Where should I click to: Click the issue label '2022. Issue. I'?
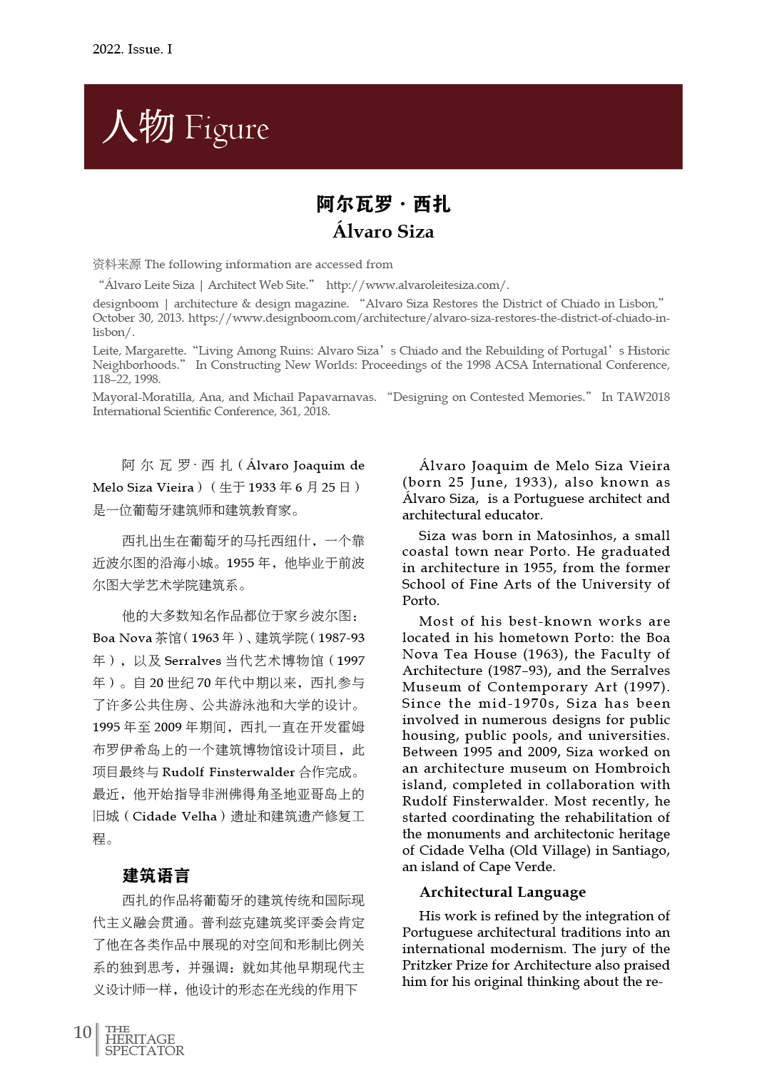pos(132,49)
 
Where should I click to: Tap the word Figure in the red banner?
pos(226,129)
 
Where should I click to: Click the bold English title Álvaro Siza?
pos(383,232)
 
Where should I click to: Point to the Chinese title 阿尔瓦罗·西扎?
pos(383,204)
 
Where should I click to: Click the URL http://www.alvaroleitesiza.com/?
pos(417,285)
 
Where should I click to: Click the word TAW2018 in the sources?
pos(644,397)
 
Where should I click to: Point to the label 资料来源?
pos(117,264)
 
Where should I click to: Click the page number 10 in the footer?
pos(82,1032)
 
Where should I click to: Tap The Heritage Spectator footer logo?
pos(144,1040)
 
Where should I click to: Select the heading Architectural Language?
pos(502,892)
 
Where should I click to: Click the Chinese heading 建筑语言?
pos(156,875)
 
